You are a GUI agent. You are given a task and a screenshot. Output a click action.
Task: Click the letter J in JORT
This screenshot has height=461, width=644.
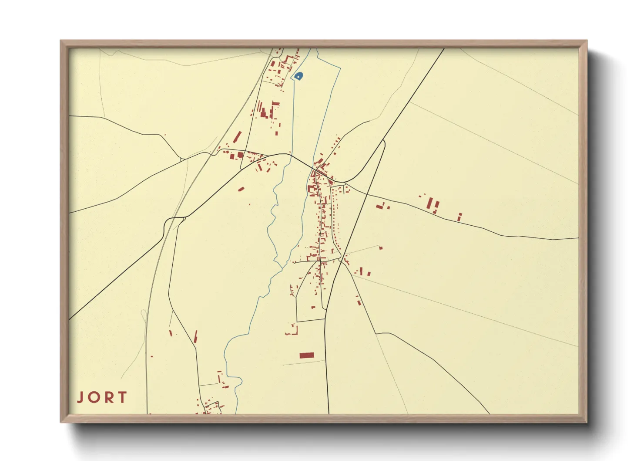[80, 397]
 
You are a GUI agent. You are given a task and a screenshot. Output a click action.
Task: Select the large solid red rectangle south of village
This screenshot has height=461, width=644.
[306, 356]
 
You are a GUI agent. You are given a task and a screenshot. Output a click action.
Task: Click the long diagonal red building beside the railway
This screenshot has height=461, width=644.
[237, 137]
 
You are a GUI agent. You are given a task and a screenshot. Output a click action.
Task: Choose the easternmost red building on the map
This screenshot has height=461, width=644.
[460, 217]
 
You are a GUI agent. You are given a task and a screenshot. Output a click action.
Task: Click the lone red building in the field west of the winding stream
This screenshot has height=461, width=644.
[241, 189]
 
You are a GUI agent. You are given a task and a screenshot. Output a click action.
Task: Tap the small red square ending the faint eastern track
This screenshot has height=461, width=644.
[381, 248]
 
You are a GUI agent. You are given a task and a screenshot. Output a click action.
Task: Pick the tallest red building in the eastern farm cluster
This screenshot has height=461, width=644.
[430, 203]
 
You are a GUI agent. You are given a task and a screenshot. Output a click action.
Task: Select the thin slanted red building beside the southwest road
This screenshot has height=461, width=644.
[195, 336]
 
